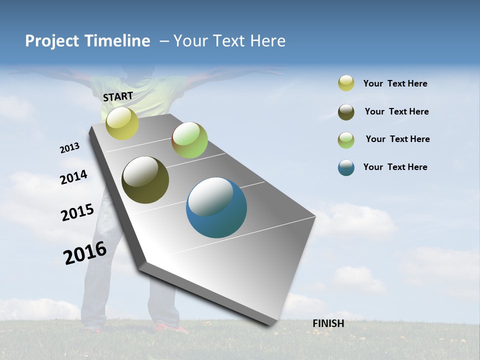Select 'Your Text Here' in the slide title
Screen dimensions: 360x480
tap(229, 41)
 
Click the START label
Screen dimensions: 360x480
tap(118, 96)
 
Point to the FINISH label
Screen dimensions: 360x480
tap(328, 323)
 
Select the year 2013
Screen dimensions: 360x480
tap(69, 148)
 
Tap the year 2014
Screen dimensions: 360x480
tap(73, 177)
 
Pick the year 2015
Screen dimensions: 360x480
tap(77, 212)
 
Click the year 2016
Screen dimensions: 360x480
tap(85, 252)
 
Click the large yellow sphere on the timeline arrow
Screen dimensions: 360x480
tap(122, 123)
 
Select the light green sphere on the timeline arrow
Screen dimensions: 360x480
tap(189, 140)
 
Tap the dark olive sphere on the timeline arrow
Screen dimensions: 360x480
tap(145, 180)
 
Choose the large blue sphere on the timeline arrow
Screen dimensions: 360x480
tap(216, 207)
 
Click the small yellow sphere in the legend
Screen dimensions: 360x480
tap(346, 83)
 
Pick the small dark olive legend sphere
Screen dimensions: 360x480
tap(346, 112)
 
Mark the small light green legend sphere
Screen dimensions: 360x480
tap(346, 140)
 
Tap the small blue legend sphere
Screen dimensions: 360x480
tap(346, 167)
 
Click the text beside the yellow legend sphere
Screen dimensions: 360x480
tap(395, 83)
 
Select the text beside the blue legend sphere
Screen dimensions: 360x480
tap(395, 167)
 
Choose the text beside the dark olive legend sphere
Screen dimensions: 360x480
tap(396, 111)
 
